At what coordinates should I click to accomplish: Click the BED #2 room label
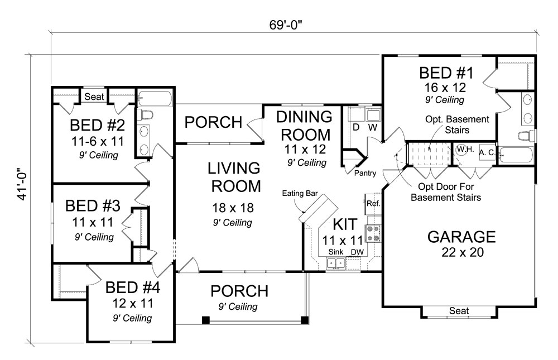pos(94,124)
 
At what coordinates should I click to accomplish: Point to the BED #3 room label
pos(93,206)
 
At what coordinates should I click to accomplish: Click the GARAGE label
pos(461,236)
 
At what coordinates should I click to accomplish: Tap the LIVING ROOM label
pos(234,177)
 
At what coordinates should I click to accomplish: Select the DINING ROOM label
pos(305,126)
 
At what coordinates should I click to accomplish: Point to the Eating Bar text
pos(300,194)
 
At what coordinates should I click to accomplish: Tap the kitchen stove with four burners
pos(372,233)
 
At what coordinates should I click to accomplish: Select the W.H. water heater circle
pos(463,150)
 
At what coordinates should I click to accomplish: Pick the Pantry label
pos(365,174)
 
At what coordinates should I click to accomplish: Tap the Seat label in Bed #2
pos(94,97)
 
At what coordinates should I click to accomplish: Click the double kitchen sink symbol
pos(335,264)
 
